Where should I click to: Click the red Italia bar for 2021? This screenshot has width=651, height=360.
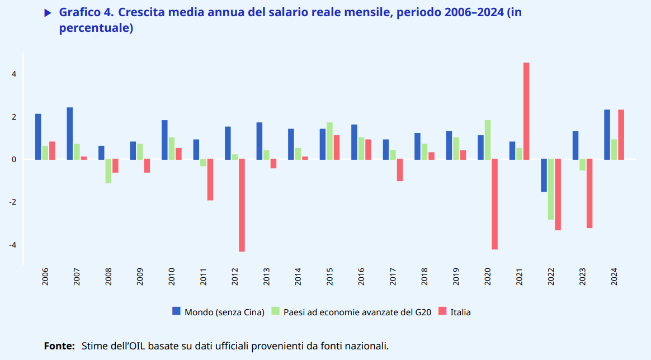tap(526, 111)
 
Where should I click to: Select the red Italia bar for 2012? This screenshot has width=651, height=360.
tap(242, 205)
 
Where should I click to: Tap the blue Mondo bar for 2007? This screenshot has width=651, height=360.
tap(70, 134)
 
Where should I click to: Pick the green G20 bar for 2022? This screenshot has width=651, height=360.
tap(551, 190)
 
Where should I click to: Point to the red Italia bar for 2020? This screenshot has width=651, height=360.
tap(494, 204)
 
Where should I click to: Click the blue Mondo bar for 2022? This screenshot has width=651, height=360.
tap(544, 176)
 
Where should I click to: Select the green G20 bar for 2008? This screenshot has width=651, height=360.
tap(108, 171)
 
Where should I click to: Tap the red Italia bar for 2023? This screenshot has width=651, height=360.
tap(589, 193)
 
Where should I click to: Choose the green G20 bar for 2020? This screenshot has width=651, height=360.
tap(488, 140)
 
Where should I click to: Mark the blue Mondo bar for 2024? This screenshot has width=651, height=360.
tap(607, 134)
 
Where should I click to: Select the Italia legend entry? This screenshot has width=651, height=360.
tap(460, 312)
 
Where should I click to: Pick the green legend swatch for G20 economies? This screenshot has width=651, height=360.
tap(276, 311)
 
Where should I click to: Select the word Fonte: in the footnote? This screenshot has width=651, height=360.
tap(59, 346)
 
